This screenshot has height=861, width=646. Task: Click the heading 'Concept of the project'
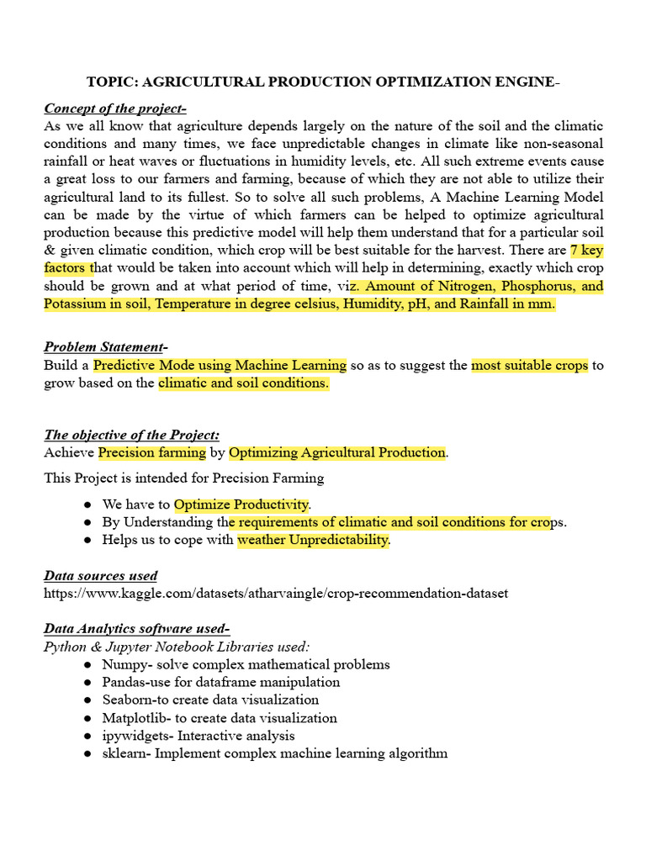coord(115,108)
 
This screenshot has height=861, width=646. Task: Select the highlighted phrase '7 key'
coord(587,250)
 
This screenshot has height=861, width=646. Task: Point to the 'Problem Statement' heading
coord(104,346)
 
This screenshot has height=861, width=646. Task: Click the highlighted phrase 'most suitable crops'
coord(529,365)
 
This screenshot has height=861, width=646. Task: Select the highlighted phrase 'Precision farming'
coord(152,452)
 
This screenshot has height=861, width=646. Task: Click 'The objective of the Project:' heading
coord(132,435)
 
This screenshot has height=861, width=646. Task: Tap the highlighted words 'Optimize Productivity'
coord(242,504)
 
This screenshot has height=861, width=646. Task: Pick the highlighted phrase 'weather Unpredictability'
coord(313,540)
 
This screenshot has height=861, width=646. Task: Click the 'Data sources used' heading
coord(100,576)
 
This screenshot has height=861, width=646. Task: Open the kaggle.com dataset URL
coord(276,594)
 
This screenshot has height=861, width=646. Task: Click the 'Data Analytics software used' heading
coord(136,629)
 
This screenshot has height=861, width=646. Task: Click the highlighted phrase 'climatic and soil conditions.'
coord(244,383)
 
